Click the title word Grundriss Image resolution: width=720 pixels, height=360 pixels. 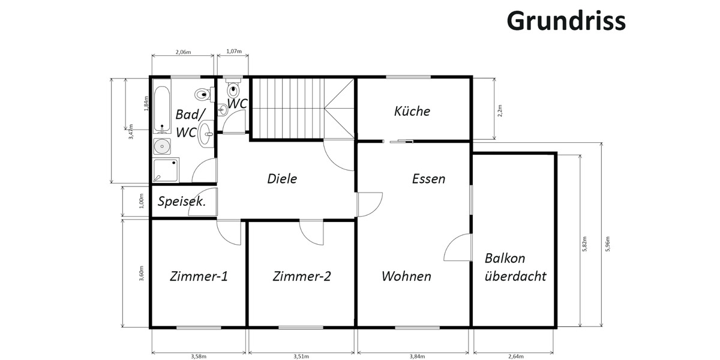(566, 20)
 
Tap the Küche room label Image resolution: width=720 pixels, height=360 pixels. (412, 111)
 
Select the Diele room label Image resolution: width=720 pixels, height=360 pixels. (282, 178)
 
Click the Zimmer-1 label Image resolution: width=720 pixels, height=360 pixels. (199, 277)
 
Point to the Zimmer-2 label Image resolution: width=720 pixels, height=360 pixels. (301, 277)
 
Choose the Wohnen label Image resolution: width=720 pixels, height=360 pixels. (406, 277)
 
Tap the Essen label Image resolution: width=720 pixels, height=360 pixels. (428, 178)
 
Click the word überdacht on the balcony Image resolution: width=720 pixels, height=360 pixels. (515, 277)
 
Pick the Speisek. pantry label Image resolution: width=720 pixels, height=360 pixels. (181, 202)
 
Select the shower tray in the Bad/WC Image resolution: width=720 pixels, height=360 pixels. (166, 170)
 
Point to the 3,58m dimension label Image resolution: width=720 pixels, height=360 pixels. (199, 356)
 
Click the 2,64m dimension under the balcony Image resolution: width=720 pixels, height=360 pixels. (515, 356)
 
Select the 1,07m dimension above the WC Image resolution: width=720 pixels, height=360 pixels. (234, 52)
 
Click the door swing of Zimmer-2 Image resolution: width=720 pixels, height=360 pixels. (312, 233)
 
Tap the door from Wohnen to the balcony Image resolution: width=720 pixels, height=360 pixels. (457, 248)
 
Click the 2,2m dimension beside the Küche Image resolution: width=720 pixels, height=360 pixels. (500, 110)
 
